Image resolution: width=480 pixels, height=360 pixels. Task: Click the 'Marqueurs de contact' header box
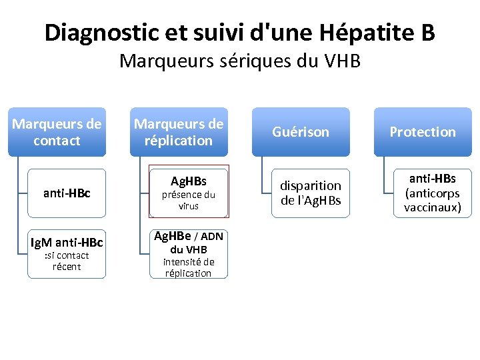(57, 132)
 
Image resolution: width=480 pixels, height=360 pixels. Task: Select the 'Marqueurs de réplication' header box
(179, 132)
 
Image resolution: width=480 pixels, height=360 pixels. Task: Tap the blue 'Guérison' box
(300, 132)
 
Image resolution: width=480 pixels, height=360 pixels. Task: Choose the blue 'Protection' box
(423, 132)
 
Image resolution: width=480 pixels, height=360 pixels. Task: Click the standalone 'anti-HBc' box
(67, 193)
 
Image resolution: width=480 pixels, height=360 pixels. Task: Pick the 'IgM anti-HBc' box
(67, 254)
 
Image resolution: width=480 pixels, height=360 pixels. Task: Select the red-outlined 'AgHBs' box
(189, 191)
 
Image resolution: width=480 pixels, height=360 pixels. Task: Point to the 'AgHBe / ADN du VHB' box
(189, 254)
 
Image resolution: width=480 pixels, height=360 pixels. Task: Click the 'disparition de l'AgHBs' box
(311, 193)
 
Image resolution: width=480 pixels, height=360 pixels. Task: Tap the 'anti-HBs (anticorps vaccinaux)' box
(432, 193)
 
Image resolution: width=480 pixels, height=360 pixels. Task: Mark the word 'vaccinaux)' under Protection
(432, 207)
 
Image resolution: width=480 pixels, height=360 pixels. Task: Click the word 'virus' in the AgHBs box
(189, 207)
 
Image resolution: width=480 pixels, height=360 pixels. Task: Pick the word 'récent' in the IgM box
(67, 267)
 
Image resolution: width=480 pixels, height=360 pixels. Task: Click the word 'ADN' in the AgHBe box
(212, 237)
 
